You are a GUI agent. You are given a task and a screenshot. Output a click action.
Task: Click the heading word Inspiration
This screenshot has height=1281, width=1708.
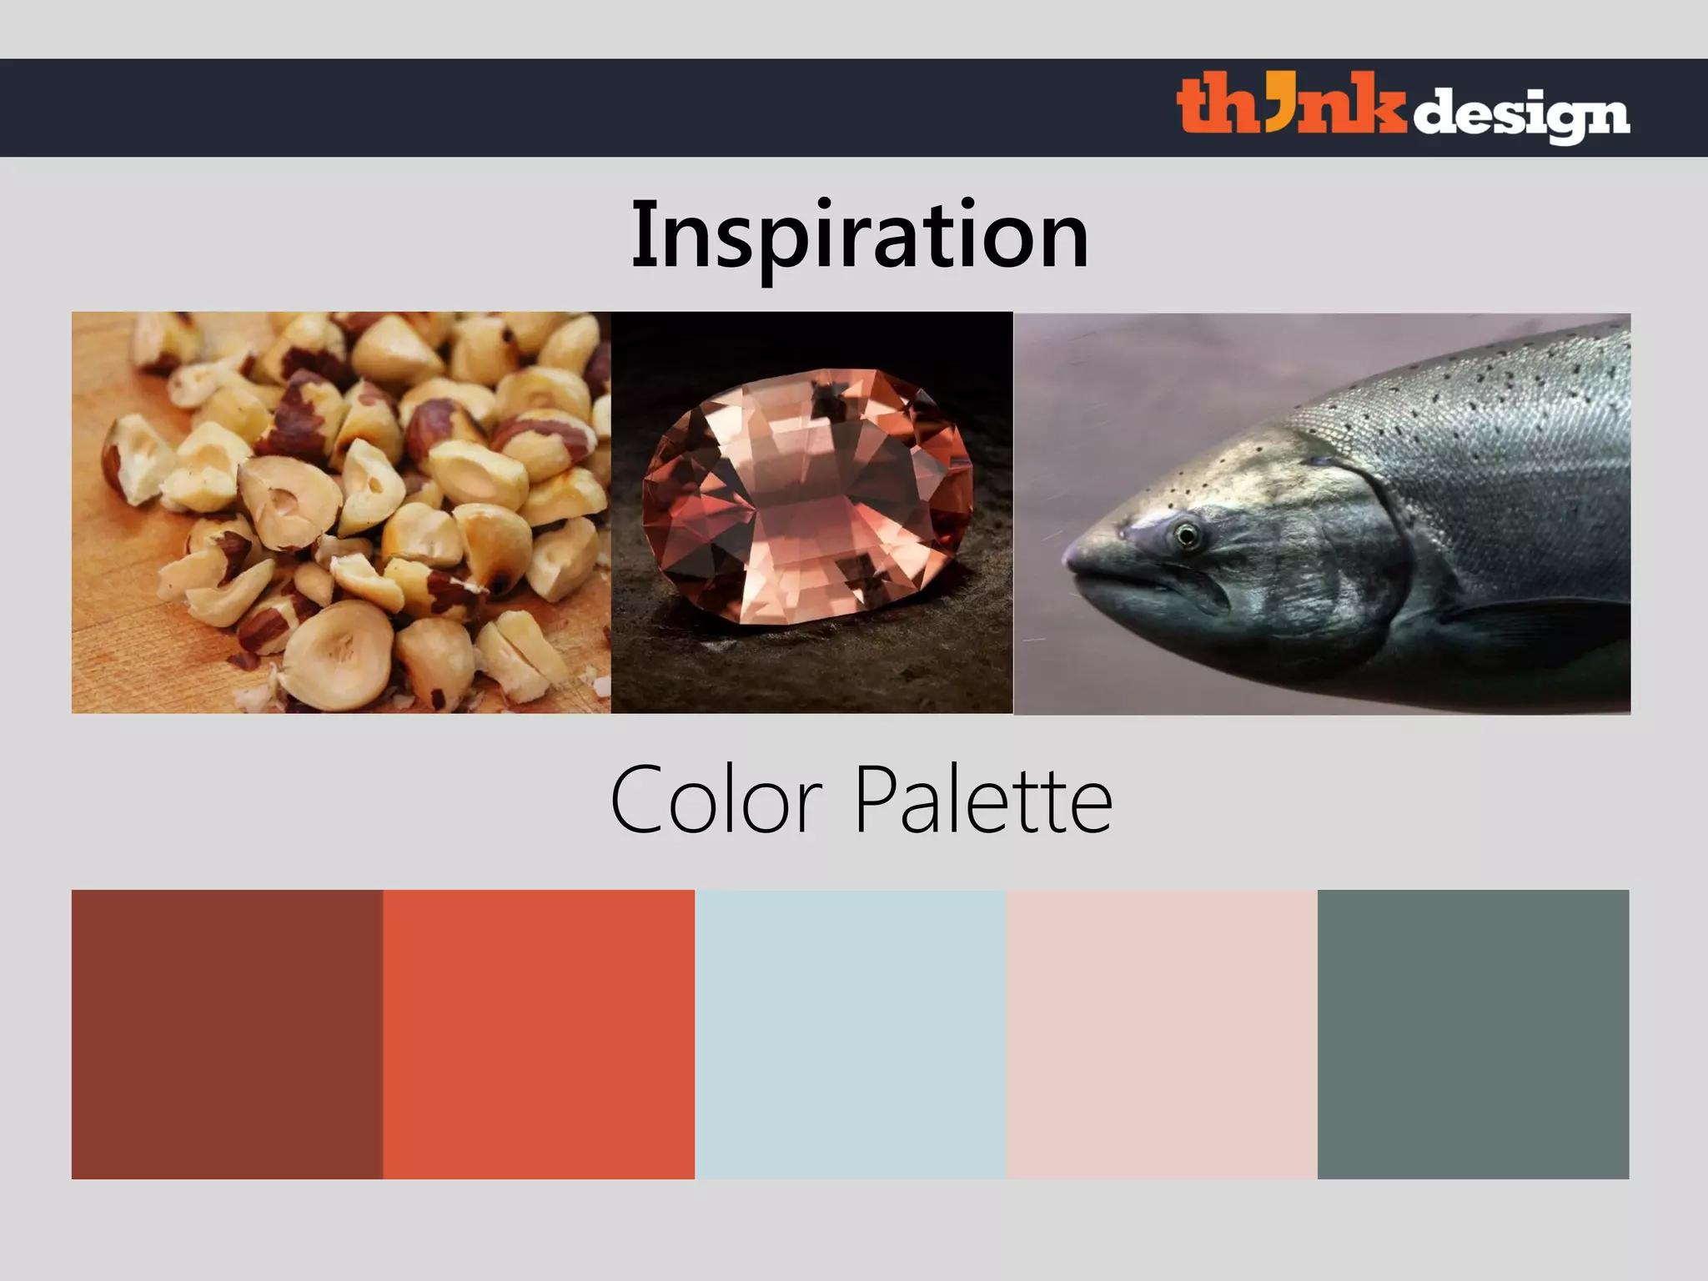click(x=859, y=235)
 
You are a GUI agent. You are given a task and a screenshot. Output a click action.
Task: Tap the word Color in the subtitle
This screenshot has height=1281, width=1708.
click(x=716, y=801)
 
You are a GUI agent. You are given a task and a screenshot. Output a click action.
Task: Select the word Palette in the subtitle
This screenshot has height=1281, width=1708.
click(x=984, y=801)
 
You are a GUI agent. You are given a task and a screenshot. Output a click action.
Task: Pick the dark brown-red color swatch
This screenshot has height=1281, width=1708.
click(x=227, y=1034)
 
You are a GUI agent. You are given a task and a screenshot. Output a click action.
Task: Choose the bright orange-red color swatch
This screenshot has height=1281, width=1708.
click(x=539, y=1034)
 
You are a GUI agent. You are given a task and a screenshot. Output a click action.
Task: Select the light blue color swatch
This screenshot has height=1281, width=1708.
click(x=851, y=1034)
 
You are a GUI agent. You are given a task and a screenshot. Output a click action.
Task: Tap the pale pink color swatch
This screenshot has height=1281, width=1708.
click(x=1162, y=1034)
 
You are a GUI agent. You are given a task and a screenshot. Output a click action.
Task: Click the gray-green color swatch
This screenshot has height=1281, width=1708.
click(x=1473, y=1034)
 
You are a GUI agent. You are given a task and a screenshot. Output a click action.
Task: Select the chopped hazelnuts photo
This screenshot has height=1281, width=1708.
click(x=340, y=512)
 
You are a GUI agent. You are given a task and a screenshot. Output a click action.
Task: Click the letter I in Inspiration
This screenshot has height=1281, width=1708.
click(x=641, y=235)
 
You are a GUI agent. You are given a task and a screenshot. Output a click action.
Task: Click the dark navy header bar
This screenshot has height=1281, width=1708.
click(x=584, y=108)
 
